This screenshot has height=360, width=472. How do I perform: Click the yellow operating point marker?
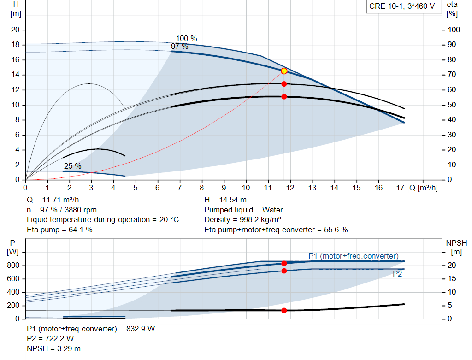pos(284,71)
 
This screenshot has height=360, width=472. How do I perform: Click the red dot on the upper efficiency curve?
pos(284,84)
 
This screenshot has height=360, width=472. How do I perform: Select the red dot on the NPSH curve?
pos(284,310)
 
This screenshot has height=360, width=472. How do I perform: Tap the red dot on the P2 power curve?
pos(284,271)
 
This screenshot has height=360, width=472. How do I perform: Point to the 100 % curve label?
pos(186,38)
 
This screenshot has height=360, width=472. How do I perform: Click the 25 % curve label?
pos(72,166)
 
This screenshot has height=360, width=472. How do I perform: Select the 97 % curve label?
pos(179,47)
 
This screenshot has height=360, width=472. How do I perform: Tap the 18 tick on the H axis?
pos(15,45)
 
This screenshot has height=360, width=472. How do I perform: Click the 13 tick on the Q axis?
pos(313,188)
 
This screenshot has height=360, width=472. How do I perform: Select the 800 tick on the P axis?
pos(13,266)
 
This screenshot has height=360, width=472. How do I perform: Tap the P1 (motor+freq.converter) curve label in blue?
pos(353,256)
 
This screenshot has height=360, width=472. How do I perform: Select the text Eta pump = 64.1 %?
pos(59,230)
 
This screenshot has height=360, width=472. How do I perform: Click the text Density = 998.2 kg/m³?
pos(242,219)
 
